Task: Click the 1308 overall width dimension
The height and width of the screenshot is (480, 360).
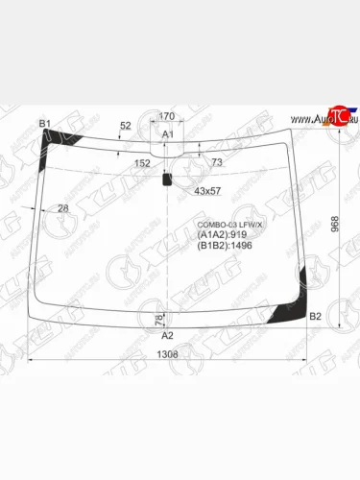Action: [x=167, y=354]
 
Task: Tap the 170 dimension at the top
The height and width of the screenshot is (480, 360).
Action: [x=166, y=117]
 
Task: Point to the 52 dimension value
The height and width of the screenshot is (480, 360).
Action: [x=125, y=127]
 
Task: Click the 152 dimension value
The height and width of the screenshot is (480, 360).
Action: [x=142, y=163]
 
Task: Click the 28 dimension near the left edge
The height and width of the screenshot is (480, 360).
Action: [x=63, y=208]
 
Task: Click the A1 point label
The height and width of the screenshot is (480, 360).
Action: [x=166, y=134]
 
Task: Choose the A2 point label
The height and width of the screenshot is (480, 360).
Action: [x=166, y=335]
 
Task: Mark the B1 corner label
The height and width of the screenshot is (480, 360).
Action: [x=44, y=124]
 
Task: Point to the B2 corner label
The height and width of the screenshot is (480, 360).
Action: [x=315, y=316]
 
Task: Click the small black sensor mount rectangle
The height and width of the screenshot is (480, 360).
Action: [x=167, y=178]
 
